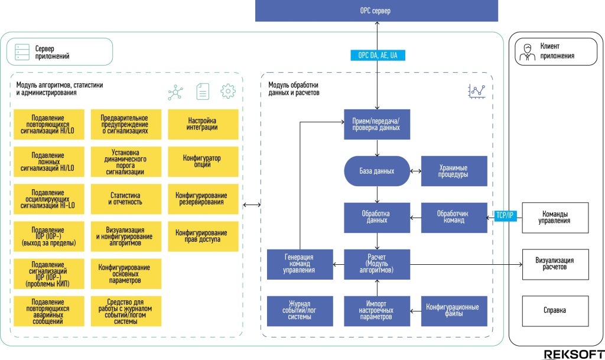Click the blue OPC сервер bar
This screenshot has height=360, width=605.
(x=376, y=11)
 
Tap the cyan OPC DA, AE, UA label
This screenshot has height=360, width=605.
(x=378, y=55)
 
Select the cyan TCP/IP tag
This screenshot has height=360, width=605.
(x=505, y=216)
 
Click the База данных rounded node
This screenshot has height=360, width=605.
(x=377, y=171)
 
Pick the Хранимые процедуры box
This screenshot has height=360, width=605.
(x=454, y=171)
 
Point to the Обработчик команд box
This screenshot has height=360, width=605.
(x=454, y=218)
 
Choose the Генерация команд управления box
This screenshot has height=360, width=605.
(x=300, y=264)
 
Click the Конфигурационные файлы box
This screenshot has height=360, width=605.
(x=454, y=311)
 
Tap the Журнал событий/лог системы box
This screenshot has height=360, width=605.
(x=300, y=311)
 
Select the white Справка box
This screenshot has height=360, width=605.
(x=555, y=311)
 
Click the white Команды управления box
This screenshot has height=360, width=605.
(x=555, y=218)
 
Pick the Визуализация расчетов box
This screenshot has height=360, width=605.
(x=555, y=264)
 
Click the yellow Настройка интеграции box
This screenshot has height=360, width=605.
(x=203, y=124)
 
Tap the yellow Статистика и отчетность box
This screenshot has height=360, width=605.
(x=126, y=199)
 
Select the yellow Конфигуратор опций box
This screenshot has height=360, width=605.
(x=203, y=161)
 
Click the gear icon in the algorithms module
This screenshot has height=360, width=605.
(x=227, y=92)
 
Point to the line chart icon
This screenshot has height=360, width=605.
(x=477, y=92)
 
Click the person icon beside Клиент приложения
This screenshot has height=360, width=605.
(x=527, y=52)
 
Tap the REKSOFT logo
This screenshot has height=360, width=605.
(x=574, y=355)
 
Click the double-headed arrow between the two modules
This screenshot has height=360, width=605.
(x=252, y=205)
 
